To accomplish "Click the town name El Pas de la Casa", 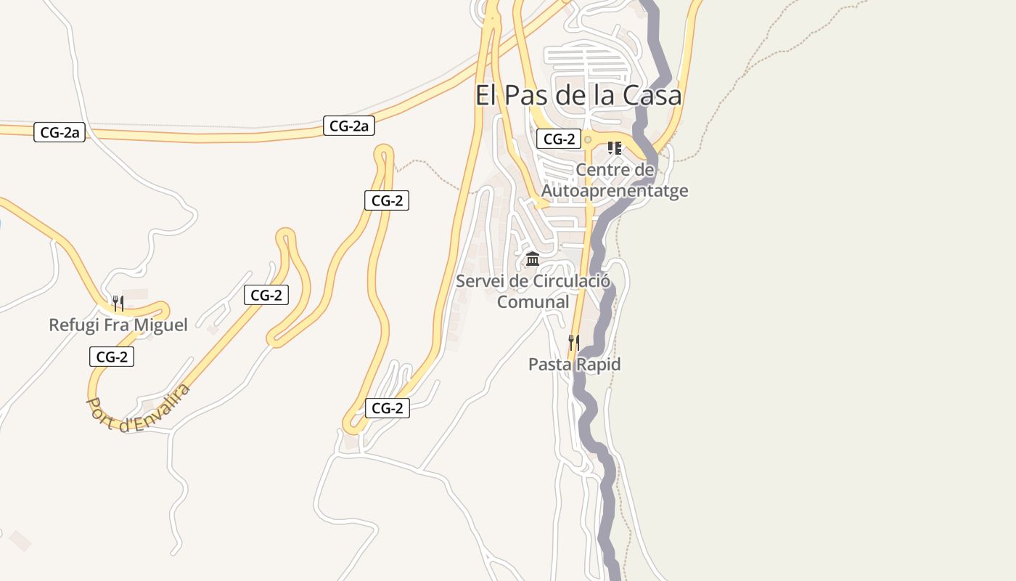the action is [x=578, y=96].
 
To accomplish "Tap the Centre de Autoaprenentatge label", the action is [x=615, y=180].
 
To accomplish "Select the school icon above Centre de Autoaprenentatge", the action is [x=615, y=148].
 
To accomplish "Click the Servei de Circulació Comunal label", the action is [x=533, y=290].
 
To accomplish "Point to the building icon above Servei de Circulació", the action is [x=533, y=259].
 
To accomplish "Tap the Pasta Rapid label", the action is [x=574, y=364].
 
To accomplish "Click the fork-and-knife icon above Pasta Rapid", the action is [x=573, y=342].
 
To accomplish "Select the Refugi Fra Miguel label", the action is [x=118, y=325].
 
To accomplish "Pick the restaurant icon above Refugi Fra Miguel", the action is [x=118, y=303].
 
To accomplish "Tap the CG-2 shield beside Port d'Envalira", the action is [x=112, y=357].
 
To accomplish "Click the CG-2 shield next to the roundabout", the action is [x=558, y=139].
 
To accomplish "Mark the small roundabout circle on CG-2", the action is [x=588, y=139].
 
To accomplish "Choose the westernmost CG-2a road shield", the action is [x=60, y=132].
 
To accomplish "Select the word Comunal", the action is [x=533, y=301].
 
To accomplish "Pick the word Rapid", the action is [x=599, y=364].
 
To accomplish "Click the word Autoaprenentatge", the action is [x=615, y=191].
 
